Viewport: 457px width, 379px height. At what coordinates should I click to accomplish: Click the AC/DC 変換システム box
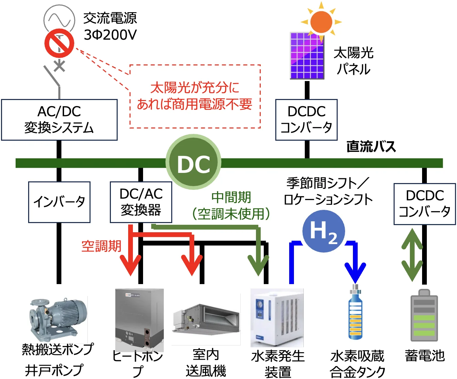[x=59, y=120]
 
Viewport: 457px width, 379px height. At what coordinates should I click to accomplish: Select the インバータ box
[x=59, y=202]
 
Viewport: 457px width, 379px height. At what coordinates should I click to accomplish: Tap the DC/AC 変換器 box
[x=141, y=202]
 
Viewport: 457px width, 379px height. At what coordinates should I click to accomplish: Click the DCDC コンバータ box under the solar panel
[x=306, y=120]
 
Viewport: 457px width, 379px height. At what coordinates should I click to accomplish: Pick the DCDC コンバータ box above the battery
[x=424, y=204]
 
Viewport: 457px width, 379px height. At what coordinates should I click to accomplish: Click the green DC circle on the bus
[x=194, y=162]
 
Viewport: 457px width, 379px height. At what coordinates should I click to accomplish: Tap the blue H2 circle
[x=323, y=231]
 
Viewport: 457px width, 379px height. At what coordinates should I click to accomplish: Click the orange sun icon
[x=321, y=21]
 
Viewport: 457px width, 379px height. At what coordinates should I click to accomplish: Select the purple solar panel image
[x=307, y=56]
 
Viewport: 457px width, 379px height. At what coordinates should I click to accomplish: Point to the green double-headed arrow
[x=412, y=255]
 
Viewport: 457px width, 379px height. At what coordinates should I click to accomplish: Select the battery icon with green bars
[x=424, y=316]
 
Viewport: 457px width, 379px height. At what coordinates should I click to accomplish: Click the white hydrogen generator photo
[x=277, y=317]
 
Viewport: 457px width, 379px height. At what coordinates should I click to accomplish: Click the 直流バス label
[x=371, y=146]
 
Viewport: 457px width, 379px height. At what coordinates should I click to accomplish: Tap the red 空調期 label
[x=101, y=246]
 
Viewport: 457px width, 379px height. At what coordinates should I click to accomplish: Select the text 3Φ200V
[x=110, y=35]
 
